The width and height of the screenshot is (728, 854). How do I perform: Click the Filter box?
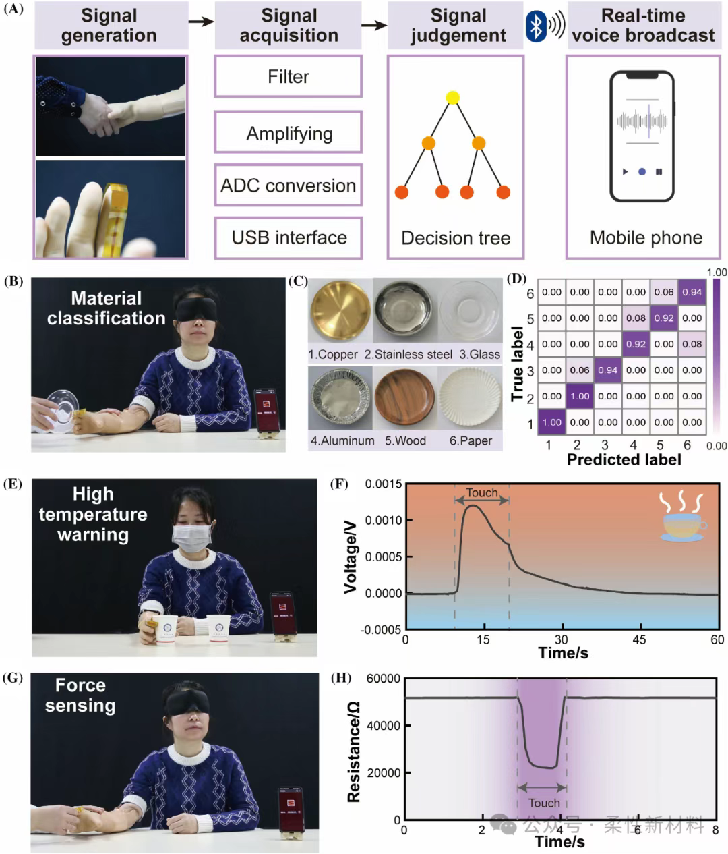pyautogui.click(x=289, y=76)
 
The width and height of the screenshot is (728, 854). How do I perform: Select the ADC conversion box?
pyautogui.click(x=289, y=186)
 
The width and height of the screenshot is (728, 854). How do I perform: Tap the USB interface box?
pyautogui.click(x=289, y=237)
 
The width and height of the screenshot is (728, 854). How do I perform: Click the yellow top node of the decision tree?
pyautogui.click(x=453, y=97)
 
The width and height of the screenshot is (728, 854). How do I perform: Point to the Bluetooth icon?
pyautogui.click(x=536, y=26)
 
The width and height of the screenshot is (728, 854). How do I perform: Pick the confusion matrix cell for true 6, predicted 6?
pyautogui.click(x=692, y=292)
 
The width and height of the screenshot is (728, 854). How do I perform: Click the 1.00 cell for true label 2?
pyautogui.click(x=580, y=396)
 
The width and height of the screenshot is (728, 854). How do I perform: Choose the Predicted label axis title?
pyautogui.click(x=624, y=460)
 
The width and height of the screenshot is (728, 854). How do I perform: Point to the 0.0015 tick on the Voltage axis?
pyautogui.click(x=384, y=484)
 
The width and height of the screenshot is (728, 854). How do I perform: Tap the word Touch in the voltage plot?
pyautogui.click(x=482, y=493)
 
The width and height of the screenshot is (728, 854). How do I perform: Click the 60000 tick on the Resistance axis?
pyautogui.click(x=383, y=679)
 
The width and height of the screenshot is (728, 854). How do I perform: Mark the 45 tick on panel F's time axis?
pyautogui.click(x=639, y=639)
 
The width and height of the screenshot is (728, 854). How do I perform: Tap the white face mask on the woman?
pyautogui.click(x=192, y=538)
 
